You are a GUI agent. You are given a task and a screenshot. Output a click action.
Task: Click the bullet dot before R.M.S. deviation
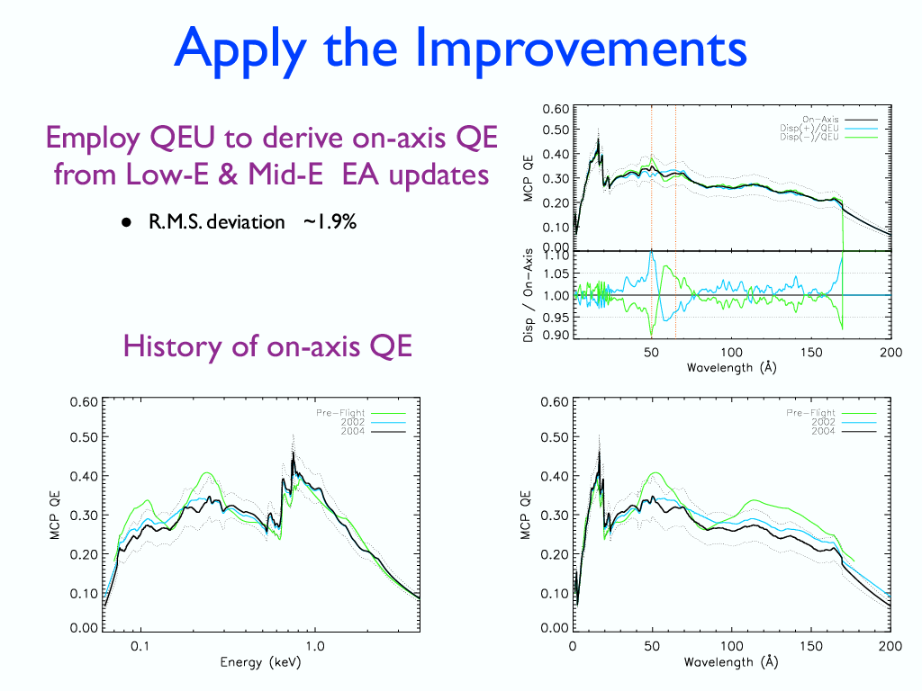click(128, 222)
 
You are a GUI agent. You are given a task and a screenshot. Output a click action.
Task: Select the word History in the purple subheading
click(171, 345)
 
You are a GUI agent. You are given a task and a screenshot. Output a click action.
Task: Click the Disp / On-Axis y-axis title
click(529, 294)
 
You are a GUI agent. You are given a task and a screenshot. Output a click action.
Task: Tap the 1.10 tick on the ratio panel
click(558, 256)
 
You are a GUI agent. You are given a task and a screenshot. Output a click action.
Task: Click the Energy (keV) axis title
click(260, 662)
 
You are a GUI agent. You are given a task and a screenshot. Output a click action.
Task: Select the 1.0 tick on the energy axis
click(314, 646)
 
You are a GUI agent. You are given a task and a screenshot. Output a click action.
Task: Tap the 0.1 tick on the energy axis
click(140, 646)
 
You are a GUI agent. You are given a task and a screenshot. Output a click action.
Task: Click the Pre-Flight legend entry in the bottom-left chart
click(340, 413)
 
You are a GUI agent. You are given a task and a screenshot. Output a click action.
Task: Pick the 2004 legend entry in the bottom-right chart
click(822, 431)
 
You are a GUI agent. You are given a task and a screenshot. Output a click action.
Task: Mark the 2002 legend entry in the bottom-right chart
click(822, 422)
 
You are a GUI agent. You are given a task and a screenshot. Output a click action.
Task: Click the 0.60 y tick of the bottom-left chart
click(84, 402)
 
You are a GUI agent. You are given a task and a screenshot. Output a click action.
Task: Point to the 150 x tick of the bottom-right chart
click(811, 646)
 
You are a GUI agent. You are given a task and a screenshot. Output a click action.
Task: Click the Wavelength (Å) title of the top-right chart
click(731, 367)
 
